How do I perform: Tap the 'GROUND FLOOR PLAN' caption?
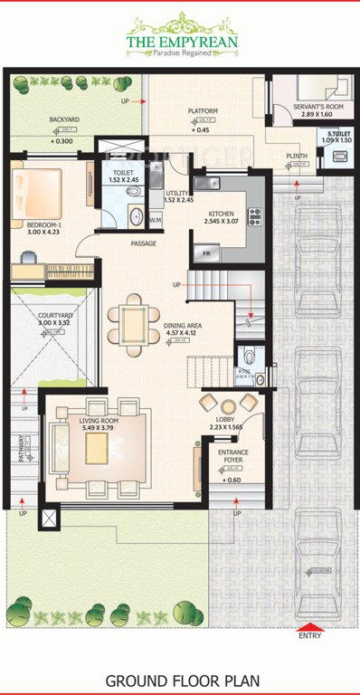[180, 680]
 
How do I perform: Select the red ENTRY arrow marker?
[309, 626]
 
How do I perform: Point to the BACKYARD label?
[64, 119]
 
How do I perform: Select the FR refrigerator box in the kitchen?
[206, 252]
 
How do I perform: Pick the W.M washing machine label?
[155, 220]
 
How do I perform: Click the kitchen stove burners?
[255, 216]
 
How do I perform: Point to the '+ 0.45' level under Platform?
[201, 130]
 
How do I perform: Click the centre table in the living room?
[96, 448]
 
